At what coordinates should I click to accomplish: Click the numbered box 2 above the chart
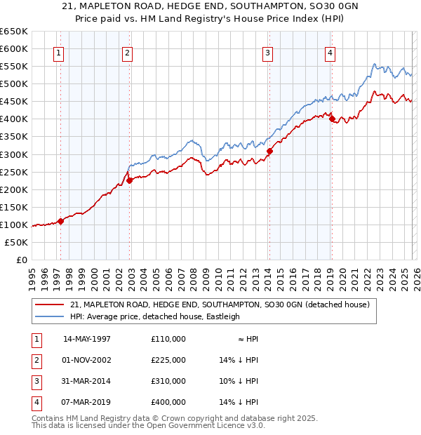127,52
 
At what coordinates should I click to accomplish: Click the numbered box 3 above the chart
267,52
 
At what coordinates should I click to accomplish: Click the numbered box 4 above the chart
330,52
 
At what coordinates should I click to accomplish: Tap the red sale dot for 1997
60,221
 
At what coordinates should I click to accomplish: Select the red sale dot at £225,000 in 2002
129,180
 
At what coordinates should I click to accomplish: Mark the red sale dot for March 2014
269,150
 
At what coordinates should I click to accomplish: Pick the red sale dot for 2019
331,119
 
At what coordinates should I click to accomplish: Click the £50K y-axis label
17,242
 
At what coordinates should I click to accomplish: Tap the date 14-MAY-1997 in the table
87,339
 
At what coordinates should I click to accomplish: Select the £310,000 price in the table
168,381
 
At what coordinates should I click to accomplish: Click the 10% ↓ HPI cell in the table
239,381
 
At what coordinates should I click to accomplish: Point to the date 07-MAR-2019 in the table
87,402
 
